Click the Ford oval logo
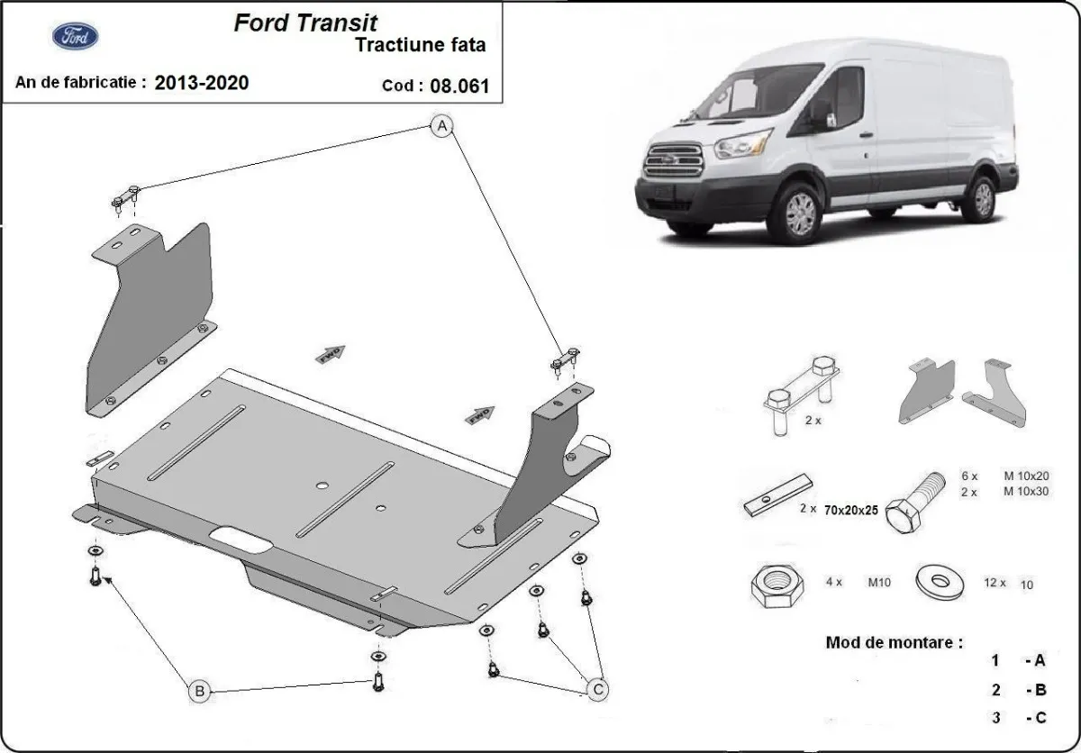(x=76, y=37)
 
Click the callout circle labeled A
(x=441, y=128)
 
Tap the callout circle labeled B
(x=200, y=692)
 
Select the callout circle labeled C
(x=597, y=690)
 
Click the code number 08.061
(x=462, y=86)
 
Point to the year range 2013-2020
(x=202, y=83)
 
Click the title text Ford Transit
(x=306, y=23)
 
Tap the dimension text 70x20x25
(x=852, y=510)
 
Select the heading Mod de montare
(x=894, y=643)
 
